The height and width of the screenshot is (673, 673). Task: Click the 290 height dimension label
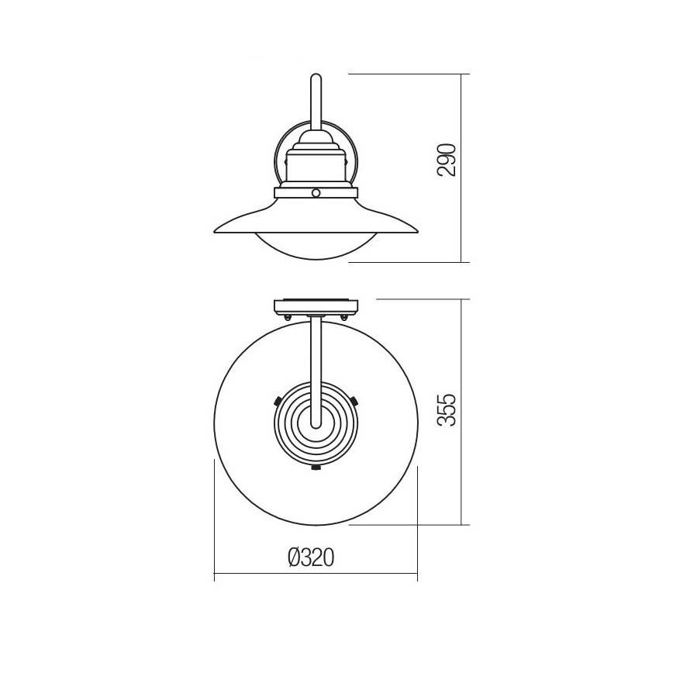pyautogui.click(x=446, y=160)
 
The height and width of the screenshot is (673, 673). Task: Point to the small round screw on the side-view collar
pyautogui.click(x=316, y=192)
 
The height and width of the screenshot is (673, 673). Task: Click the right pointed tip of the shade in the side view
pyautogui.click(x=417, y=231)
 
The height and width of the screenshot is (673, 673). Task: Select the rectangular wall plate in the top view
pyautogui.click(x=316, y=307)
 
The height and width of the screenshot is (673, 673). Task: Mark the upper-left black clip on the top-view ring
pyautogui.click(x=278, y=400)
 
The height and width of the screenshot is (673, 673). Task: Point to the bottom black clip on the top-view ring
pyautogui.click(x=316, y=468)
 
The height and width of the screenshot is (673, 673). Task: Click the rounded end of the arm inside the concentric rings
pyautogui.click(x=316, y=423)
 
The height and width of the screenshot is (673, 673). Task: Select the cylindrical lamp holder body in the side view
pyautogui.click(x=316, y=169)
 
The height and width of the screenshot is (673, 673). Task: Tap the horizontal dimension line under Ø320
pyautogui.click(x=316, y=576)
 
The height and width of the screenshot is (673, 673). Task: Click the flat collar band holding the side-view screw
pyautogui.click(x=295, y=192)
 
